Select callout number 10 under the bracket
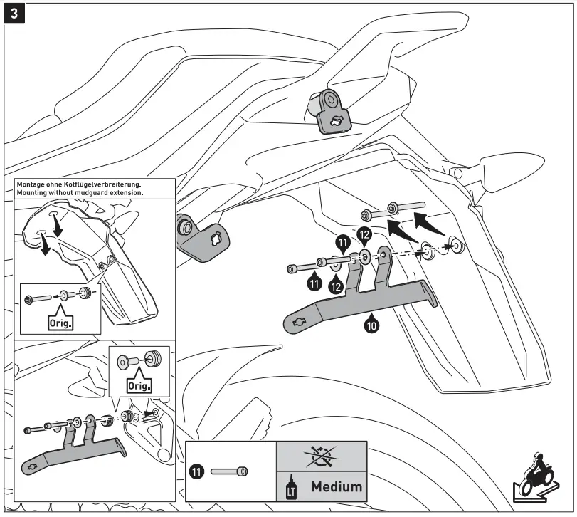(371, 325)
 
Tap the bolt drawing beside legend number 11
(229, 471)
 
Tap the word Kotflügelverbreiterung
(100, 184)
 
